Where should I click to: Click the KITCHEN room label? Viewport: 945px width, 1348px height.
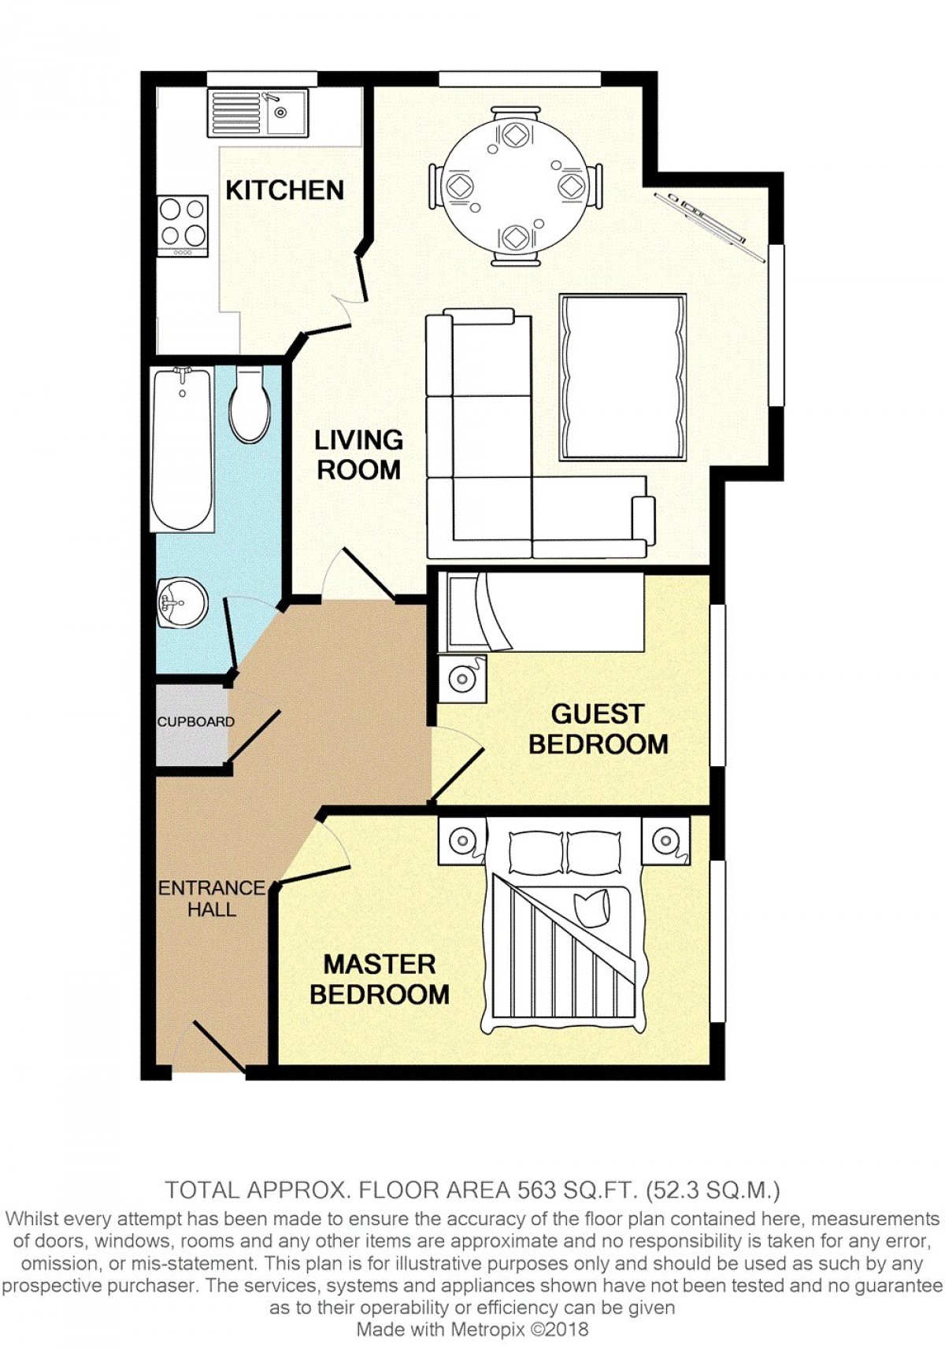point(285,191)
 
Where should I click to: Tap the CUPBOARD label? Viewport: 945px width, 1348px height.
point(195,721)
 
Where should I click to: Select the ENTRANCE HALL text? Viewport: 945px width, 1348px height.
point(211,898)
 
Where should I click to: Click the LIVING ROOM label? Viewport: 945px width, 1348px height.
point(359,455)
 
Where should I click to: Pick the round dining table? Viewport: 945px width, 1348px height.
point(516,187)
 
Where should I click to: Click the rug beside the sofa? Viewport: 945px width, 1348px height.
point(623,377)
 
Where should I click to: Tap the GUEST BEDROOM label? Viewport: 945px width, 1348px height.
point(598,729)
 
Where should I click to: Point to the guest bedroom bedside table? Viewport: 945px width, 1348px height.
point(462,679)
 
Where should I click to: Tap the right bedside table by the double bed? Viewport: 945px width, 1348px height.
point(665,839)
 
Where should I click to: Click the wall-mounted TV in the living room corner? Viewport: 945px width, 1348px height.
point(710,226)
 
